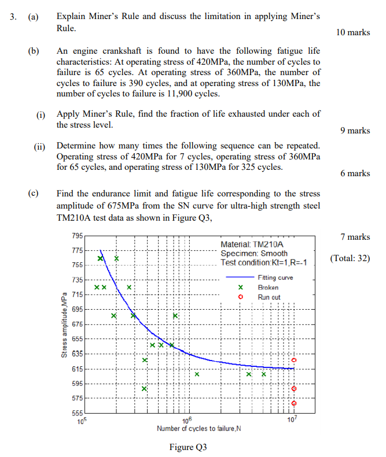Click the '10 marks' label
click(352, 32)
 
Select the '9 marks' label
click(355, 131)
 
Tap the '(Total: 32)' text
click(350, 258)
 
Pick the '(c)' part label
click(34, 194)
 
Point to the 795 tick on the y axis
click(76, 236)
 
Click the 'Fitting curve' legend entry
click(275, 277)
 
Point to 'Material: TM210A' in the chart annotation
click(248, 245)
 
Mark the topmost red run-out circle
click(293, 359)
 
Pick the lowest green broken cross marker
click(144, 389)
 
